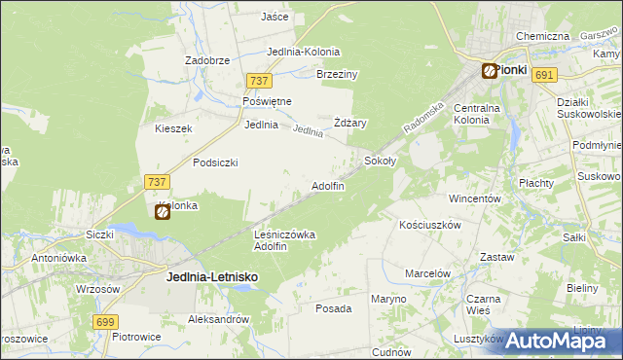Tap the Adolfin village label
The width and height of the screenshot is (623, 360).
coord(327,186)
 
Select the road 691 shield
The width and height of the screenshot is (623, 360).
coord(545,75)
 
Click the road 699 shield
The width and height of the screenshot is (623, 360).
coord(106,321)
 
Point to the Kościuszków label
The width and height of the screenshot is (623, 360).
coord(429,224)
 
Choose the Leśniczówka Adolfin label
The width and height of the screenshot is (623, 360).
coord(284,239)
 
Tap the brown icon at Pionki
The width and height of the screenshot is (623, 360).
coord(489,70)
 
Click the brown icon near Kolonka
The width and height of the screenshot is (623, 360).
coord(163,211)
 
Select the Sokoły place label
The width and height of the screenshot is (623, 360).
coord(379,160)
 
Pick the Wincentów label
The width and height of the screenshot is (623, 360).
coord(474,198)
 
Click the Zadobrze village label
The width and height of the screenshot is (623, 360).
coord(207,59)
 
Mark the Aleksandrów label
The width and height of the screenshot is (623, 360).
coord(219,319)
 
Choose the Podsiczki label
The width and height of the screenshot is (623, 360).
coord(215,162)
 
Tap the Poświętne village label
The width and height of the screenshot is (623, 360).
coord(268,101)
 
